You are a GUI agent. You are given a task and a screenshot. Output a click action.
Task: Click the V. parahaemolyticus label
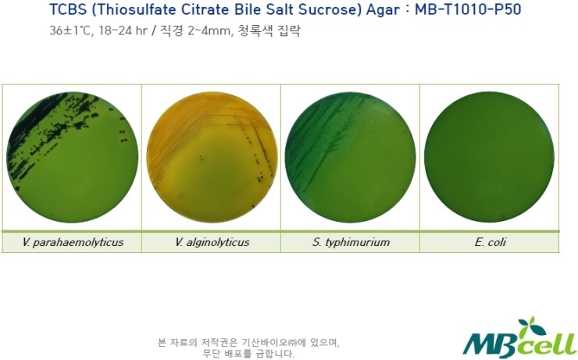(72, 242)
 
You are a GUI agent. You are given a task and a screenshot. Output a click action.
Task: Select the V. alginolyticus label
(212, 242)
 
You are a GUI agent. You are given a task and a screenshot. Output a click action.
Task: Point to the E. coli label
(491, 242)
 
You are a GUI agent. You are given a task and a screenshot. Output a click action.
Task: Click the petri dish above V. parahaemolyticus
(72, 157)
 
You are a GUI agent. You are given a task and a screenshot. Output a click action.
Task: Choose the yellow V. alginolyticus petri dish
(212, 157)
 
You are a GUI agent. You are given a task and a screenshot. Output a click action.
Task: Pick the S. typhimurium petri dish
(350, 157)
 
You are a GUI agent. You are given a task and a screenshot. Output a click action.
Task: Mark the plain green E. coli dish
(489, 157)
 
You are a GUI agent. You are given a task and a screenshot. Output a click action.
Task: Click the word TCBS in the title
(67, 9)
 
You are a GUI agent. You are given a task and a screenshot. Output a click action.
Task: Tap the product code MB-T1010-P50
(468, 9)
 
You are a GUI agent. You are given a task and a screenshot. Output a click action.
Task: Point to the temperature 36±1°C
(70, 30)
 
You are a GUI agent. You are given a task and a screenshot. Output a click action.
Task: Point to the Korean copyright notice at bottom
(248, 348)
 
